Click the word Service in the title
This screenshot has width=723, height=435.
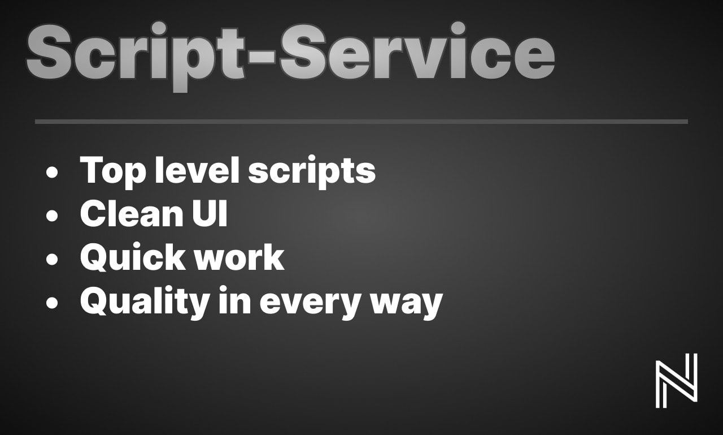[x=417, y=51]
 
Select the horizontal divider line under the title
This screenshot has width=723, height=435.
[x=361, y=122]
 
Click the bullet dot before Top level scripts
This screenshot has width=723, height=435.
[x=52, y=173]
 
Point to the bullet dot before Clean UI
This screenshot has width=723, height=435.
[x=52, y=216]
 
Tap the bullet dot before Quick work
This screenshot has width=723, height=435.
[x=52, y=259]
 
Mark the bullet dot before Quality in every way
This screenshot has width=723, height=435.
[x=52, y=303]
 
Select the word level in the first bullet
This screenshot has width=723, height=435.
[x=197, y=170]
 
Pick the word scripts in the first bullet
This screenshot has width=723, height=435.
[x=312, y=172]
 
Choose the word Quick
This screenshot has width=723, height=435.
[x=133, y=257]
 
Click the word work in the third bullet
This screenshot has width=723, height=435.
[x=239, y=257]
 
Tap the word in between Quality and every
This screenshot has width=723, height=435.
[x=234, y=300]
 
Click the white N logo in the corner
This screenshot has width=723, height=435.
[x=677, y=381]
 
